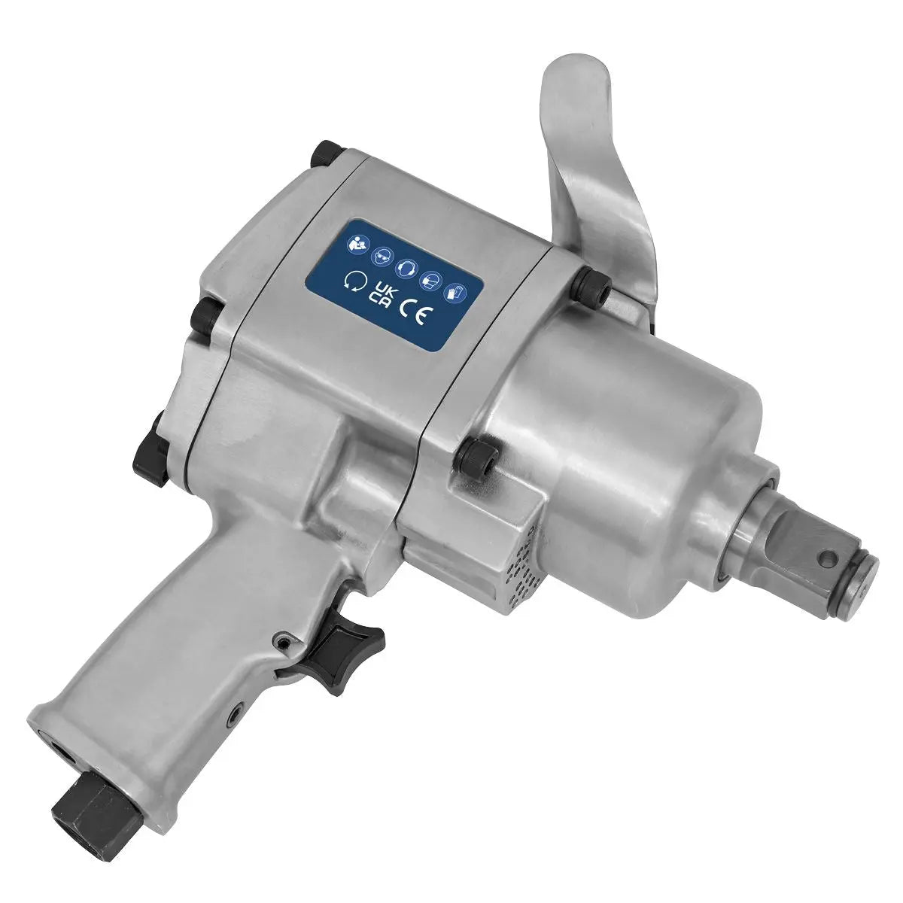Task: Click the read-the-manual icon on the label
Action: point(356,243)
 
